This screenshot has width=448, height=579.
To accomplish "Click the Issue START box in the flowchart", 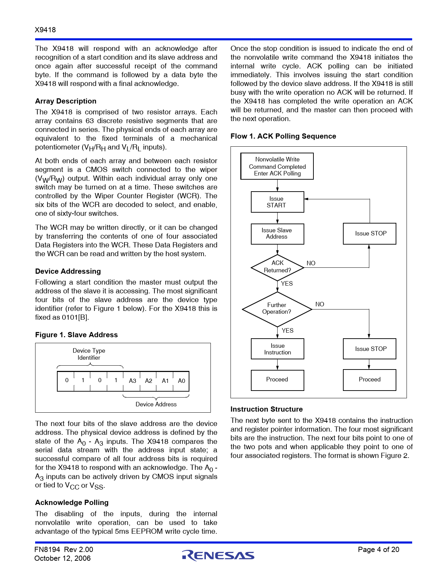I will coord(277,202).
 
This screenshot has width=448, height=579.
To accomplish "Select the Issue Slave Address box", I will coord(277,234).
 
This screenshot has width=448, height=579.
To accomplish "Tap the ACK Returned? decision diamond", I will coord(277,267).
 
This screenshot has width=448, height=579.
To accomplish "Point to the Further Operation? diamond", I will coord(277,309).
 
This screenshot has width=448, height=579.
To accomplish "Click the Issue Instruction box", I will coord(277,349).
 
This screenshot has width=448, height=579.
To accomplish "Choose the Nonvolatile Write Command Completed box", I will coord(277,166).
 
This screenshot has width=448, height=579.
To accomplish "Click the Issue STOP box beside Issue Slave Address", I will coord(370,234).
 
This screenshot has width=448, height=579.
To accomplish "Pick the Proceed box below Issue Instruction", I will coord(277,380).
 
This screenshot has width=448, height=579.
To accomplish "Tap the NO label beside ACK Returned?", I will coord(311,263).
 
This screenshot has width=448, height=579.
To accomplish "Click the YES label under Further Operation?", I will coord(287,331).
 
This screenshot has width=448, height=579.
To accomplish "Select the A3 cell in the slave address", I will coord(132,381).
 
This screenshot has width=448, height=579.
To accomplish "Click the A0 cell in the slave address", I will coord(181,381).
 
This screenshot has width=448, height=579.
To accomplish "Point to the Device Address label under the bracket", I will coord(156,404).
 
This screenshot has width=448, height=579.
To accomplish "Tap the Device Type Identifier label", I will coord(89,354).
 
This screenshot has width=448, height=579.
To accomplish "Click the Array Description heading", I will coord(66,101).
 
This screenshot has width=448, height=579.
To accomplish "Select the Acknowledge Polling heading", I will coord(72,503).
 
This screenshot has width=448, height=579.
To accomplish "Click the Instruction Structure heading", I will coord(266,409).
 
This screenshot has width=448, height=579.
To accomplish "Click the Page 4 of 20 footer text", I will coord(378,550).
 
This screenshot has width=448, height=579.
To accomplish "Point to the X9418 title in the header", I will coord(45,30).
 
